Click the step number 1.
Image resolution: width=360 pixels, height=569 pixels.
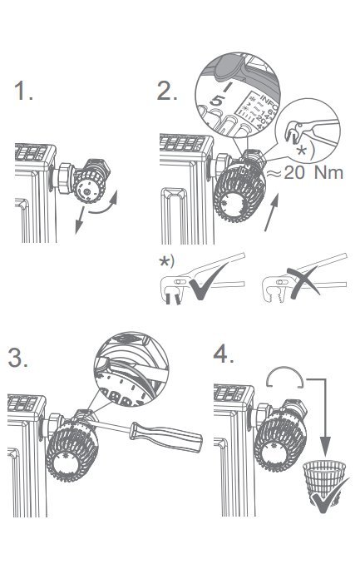click(23, 91)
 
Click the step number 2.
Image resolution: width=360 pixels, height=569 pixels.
click(166, 91)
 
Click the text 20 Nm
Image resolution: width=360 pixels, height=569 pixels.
click(313, 173)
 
